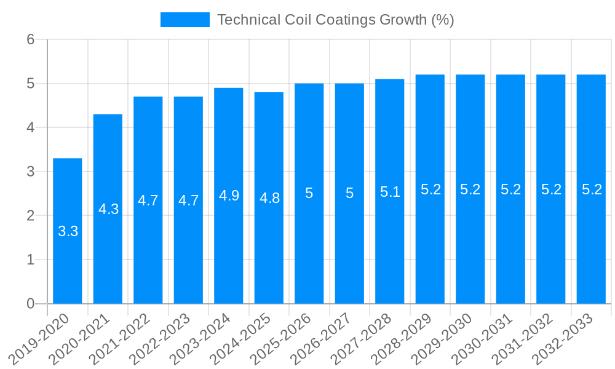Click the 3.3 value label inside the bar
(x=68, y=232)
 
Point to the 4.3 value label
(x=108, y=209)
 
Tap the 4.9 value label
(x=229, y=196)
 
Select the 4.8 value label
(x=269, y=198)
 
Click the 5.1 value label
(x=390, y=192)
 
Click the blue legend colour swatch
(x=184, y=20)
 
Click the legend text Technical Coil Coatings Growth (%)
(x=335, y=20)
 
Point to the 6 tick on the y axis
(x=31, y=39)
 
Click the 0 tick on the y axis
(x=31, y=304)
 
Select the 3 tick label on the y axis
(x=31, y=172)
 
